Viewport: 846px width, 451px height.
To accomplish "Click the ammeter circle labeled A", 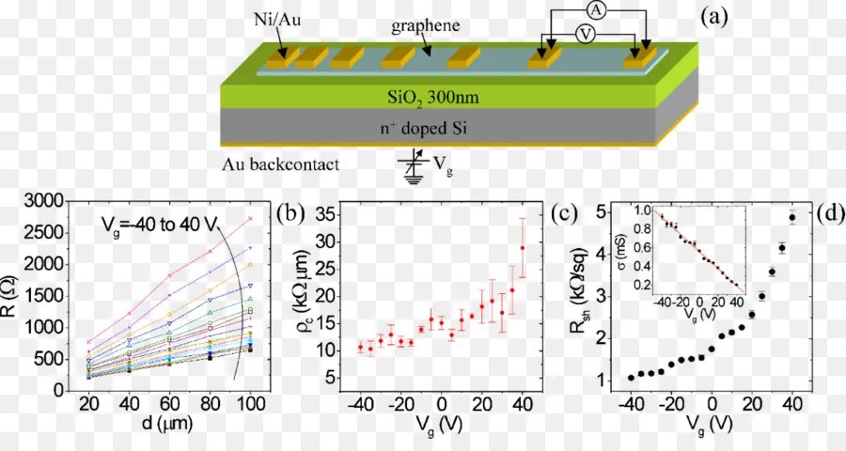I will pos(595,9).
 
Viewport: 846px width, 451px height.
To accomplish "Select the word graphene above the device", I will pos(426,26).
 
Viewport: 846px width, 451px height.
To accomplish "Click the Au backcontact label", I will pos(279,164).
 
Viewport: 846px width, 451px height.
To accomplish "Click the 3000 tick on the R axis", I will pos(45,200).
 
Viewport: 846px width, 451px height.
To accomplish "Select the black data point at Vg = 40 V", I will pos(791,218).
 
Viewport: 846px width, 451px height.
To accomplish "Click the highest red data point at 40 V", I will pos(523,248).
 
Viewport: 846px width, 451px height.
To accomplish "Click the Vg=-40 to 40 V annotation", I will pos(161,223).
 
